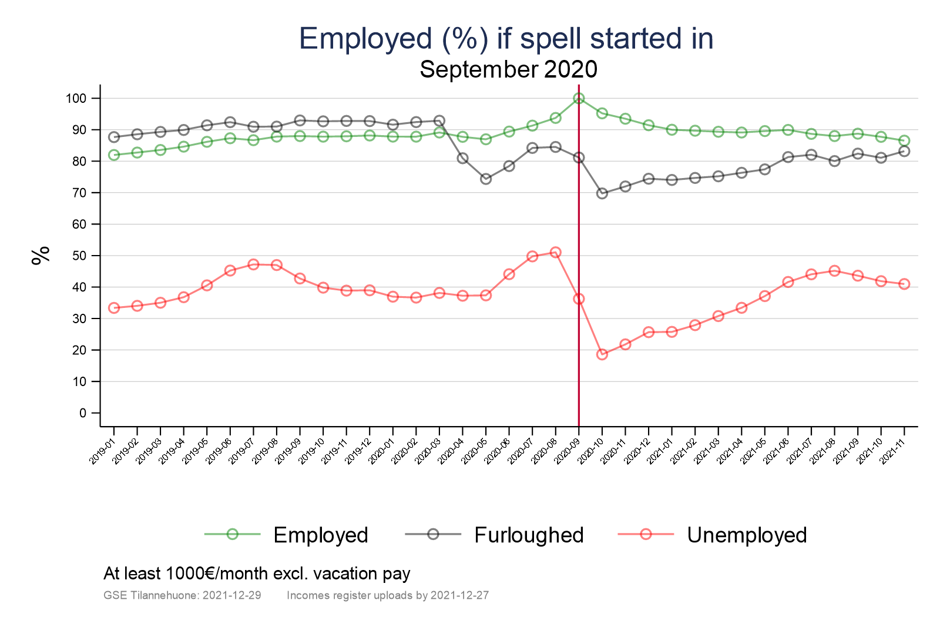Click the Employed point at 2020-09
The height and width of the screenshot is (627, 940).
[x=579, y=98]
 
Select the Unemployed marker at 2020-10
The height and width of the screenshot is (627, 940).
[x=602, y=354]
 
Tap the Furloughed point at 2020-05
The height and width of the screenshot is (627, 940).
[x=486, y=179]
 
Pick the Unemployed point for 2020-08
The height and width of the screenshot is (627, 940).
[x=556, y=253]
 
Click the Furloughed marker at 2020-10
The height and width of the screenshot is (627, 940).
[x=602, y=193]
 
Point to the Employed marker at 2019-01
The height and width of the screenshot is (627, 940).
[x=114, y=155]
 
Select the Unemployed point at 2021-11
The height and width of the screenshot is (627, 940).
[x=904, y=284]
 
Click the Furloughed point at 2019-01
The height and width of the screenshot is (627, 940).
[x=114, y=137]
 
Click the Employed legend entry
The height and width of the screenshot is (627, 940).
[x=320, y=535]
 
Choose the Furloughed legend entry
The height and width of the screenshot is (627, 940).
[x=528, y=535]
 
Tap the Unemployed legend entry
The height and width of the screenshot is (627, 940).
[x=746, y=535]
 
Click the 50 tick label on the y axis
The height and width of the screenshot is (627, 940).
[x=79, y=256]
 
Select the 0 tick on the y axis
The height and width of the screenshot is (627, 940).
[x=82, y=413]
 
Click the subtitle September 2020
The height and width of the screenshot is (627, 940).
[x=508, y=69]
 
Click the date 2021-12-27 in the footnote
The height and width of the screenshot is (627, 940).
[x=459, y=595]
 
